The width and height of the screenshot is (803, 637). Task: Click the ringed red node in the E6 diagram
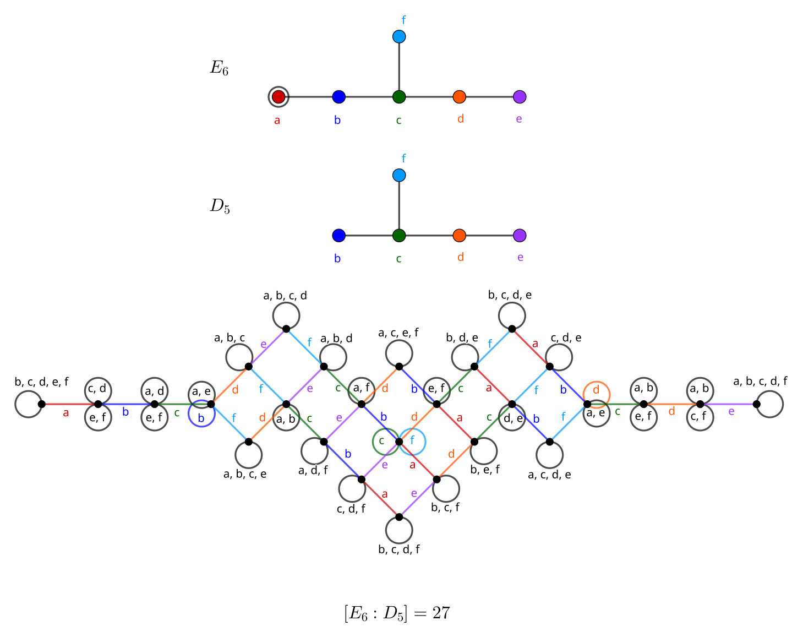coord(278,97)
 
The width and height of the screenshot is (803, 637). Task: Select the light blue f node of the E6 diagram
coord(399,37)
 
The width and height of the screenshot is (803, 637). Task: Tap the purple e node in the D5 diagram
coord(520,236)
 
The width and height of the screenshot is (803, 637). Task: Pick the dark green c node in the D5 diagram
coord(399,236)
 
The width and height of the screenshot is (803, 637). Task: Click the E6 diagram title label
coord(219,68)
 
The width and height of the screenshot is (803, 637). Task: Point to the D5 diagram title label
coord(220,206)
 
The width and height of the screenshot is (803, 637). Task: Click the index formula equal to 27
coord(397,613)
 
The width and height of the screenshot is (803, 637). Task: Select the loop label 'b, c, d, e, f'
coord(42,382)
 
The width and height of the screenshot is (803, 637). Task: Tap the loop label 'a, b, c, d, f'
coord(760,381)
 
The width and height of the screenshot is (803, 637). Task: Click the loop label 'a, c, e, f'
coord(398,333)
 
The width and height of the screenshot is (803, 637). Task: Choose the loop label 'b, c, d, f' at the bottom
coord(399,549)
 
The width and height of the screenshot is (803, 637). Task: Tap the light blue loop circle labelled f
coord(412,441)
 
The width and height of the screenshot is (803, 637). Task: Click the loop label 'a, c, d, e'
coord(549,475)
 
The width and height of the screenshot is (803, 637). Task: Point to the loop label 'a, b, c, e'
coord(245,474)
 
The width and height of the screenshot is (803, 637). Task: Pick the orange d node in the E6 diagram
coord(460,97)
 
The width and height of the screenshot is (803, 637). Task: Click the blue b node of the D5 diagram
coord(339,236)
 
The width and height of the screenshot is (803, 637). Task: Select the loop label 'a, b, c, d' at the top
coord(285,296)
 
